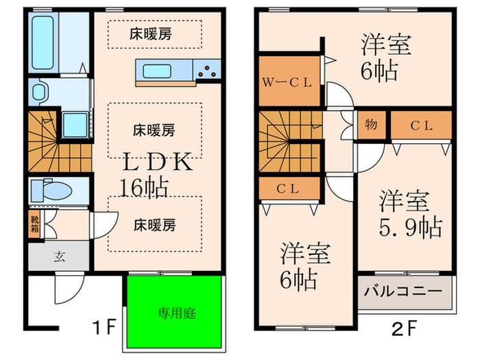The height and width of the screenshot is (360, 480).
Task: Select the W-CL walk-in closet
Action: click(289, 82)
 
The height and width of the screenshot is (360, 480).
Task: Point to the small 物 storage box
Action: click(371, 125)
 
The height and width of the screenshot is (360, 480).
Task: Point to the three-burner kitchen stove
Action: click(208, 69)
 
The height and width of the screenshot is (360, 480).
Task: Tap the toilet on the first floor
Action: click(53, 191)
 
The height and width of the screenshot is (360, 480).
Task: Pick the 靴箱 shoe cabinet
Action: click(34, 225)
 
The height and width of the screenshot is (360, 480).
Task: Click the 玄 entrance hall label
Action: click(59, 258)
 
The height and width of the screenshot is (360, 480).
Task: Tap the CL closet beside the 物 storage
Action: click(420, 125)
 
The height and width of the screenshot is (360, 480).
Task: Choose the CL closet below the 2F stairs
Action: click(289, 187)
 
